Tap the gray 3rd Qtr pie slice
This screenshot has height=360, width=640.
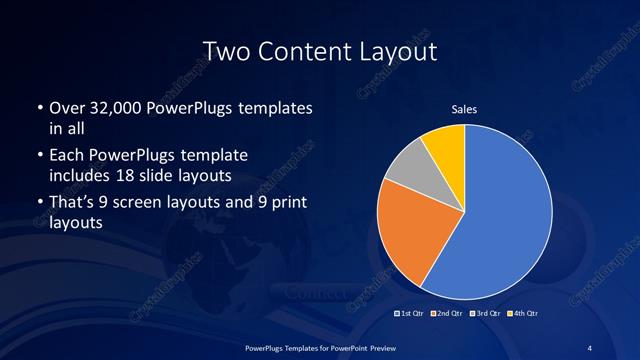pyautogui.click(x=407, y=167)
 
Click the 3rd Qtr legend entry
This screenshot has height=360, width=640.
pyautogui.click(x=483, y=314)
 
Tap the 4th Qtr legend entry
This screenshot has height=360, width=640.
pyautogui.click(x=520, y=314)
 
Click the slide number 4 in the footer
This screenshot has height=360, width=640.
pyautogui.click(x=590, y=347)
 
